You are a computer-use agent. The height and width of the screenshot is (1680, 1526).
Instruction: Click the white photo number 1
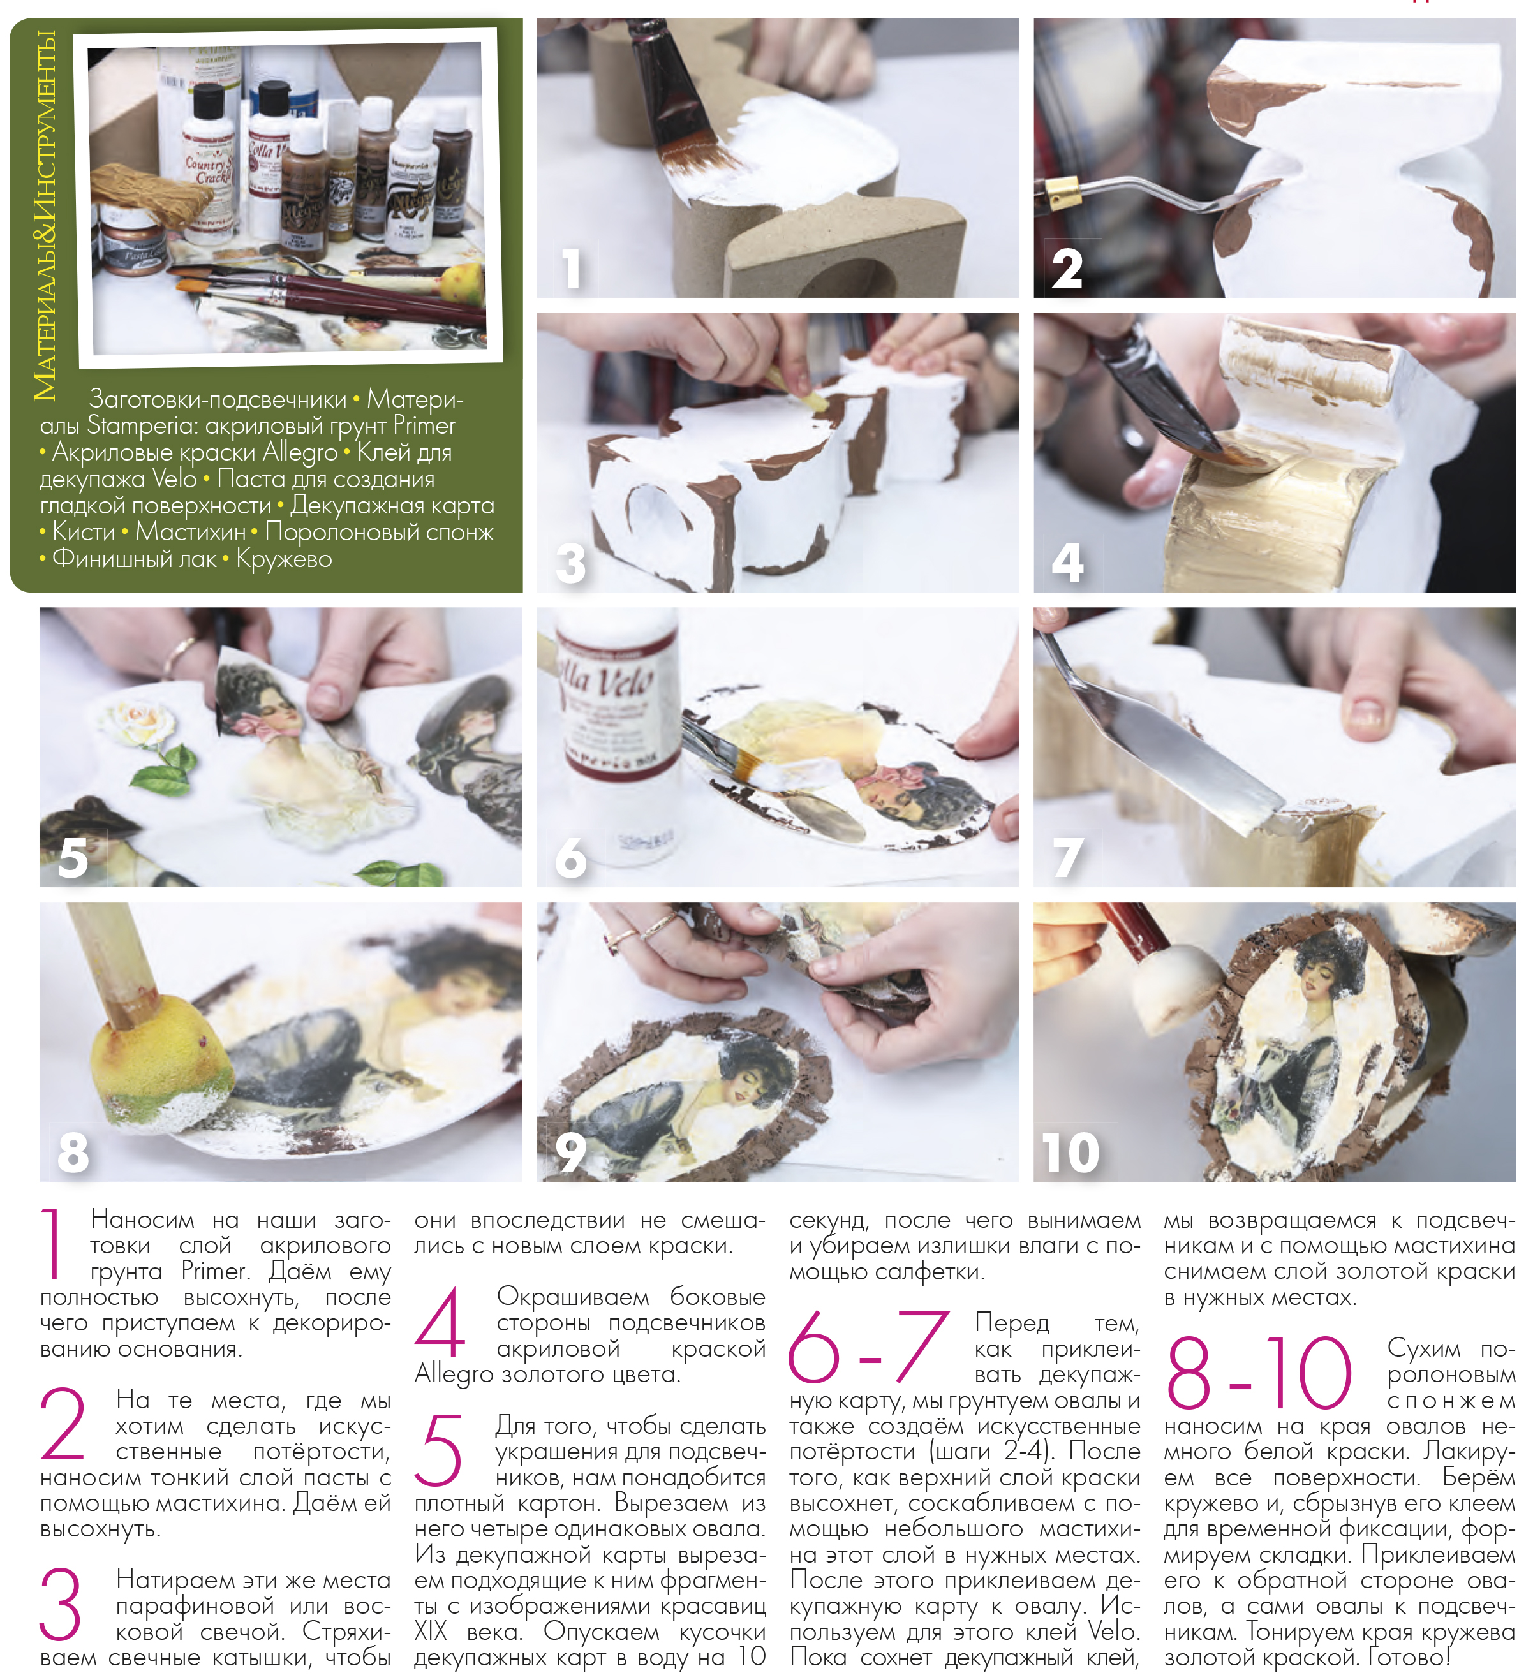click(x=571, y=269)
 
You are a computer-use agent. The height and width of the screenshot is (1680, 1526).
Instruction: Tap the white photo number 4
click(x=1067, y=563)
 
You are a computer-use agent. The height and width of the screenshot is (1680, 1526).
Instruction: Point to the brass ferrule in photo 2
click(x=1063, y=193)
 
